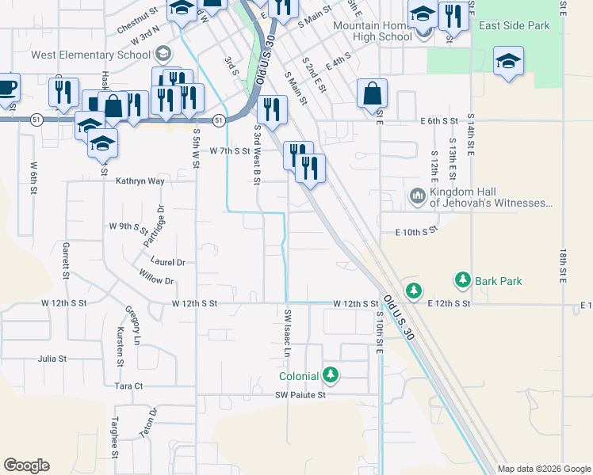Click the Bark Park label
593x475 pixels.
499,280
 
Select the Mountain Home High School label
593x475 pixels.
372,31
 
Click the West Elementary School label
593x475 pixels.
90,55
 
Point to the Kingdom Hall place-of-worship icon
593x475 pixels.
418,196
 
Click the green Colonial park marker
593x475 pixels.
330,375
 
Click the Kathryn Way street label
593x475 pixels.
140,181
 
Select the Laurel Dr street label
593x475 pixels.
169,262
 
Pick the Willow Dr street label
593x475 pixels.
156,280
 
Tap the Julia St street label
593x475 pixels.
52,359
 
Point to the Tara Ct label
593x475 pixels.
128,386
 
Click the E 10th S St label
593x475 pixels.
416,231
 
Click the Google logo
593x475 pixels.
26,465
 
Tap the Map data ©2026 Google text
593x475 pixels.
544,469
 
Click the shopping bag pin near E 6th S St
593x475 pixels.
372,94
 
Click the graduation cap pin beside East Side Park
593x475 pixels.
507,62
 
